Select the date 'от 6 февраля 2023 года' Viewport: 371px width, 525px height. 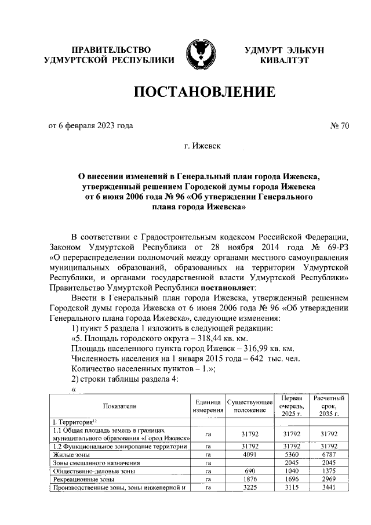(90, 125)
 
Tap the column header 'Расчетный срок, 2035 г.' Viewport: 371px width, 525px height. (329, 406)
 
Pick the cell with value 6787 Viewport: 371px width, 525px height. (329, 455)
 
